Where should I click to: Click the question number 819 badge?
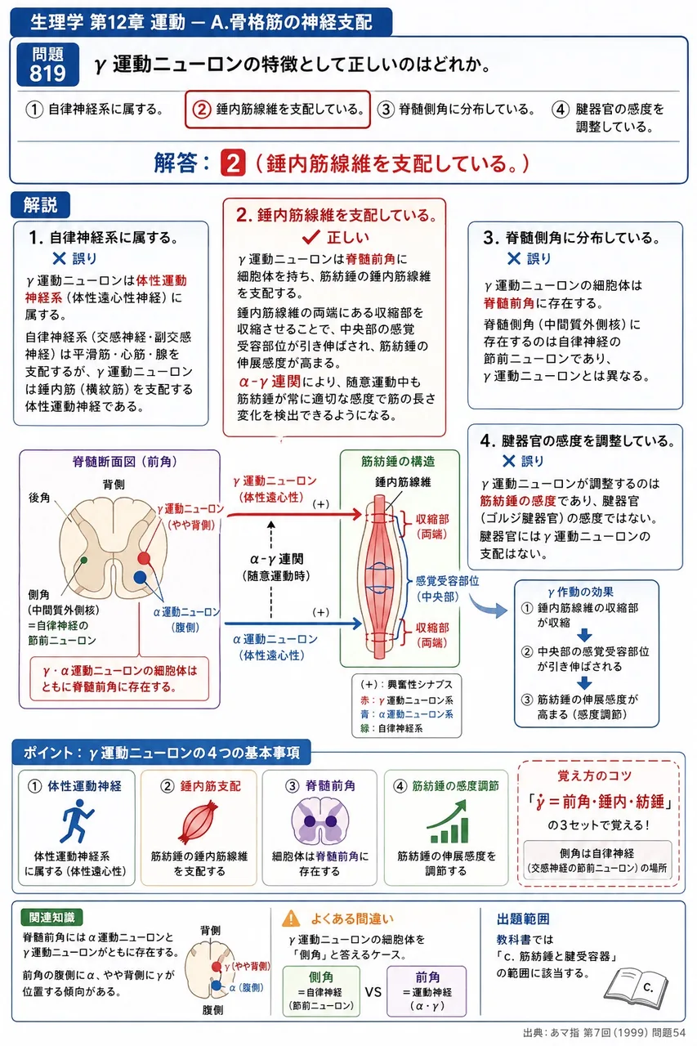pos(47,65)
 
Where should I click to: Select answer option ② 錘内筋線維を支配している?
pos(278,110)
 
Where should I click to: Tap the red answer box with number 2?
pos(233,163)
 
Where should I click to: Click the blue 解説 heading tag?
pos(41,205)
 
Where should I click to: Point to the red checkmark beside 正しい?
pos(311,237)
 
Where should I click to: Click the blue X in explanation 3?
pos(513,258)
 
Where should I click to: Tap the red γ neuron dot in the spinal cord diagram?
pos(144,557)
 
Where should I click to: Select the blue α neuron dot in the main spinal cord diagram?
pos(140,577)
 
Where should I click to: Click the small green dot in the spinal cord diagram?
pos(83,560)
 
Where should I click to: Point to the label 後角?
pos(39,498)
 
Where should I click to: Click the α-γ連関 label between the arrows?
pos(277,559)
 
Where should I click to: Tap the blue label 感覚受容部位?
pos(447,581)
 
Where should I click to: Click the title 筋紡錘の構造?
pos(398,462)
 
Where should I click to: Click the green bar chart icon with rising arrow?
pos(447,821)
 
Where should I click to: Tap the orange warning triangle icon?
pos(291,918)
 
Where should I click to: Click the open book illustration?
pos(636,985)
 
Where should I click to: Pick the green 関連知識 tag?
pos(51,917)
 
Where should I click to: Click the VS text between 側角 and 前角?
pos(373,991)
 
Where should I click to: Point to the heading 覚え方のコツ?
pos(594,776)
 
